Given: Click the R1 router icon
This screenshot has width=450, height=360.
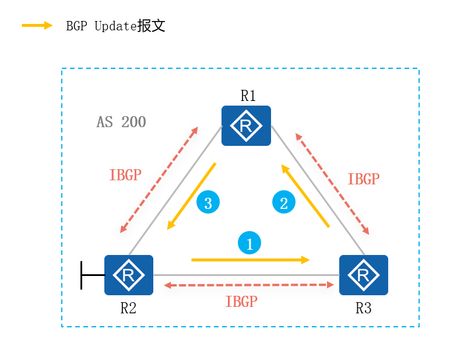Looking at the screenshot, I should (x=246, y=125).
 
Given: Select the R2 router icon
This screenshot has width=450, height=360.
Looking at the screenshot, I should (x=128, y=275).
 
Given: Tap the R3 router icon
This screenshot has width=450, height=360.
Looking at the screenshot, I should (x=364, y=275).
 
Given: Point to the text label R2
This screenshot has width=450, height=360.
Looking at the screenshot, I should (x=128, y=308).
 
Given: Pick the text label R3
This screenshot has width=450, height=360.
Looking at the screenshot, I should (x=363, y=308).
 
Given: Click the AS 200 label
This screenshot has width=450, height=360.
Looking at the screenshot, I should (x=121, y=123).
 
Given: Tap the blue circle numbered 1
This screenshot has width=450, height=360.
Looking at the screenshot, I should (x=249, y=243).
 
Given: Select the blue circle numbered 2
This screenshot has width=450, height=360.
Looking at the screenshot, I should (x=284, y=202).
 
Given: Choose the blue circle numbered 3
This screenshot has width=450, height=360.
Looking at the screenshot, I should (x=208, y=202).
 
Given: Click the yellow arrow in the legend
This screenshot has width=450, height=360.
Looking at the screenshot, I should (x=38, y=26).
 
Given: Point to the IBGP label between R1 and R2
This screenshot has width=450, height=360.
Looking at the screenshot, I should (x=125, y=175).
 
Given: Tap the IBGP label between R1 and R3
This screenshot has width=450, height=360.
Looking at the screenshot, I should (x=363, y=179).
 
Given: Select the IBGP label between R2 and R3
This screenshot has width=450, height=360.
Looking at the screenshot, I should (x=241, y=302).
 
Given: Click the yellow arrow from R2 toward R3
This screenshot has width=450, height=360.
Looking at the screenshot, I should (x=249, y=260).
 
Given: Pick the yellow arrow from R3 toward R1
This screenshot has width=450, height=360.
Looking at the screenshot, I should (x=306, y=196).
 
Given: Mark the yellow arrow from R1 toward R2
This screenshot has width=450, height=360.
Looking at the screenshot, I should (x=192, y=196).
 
